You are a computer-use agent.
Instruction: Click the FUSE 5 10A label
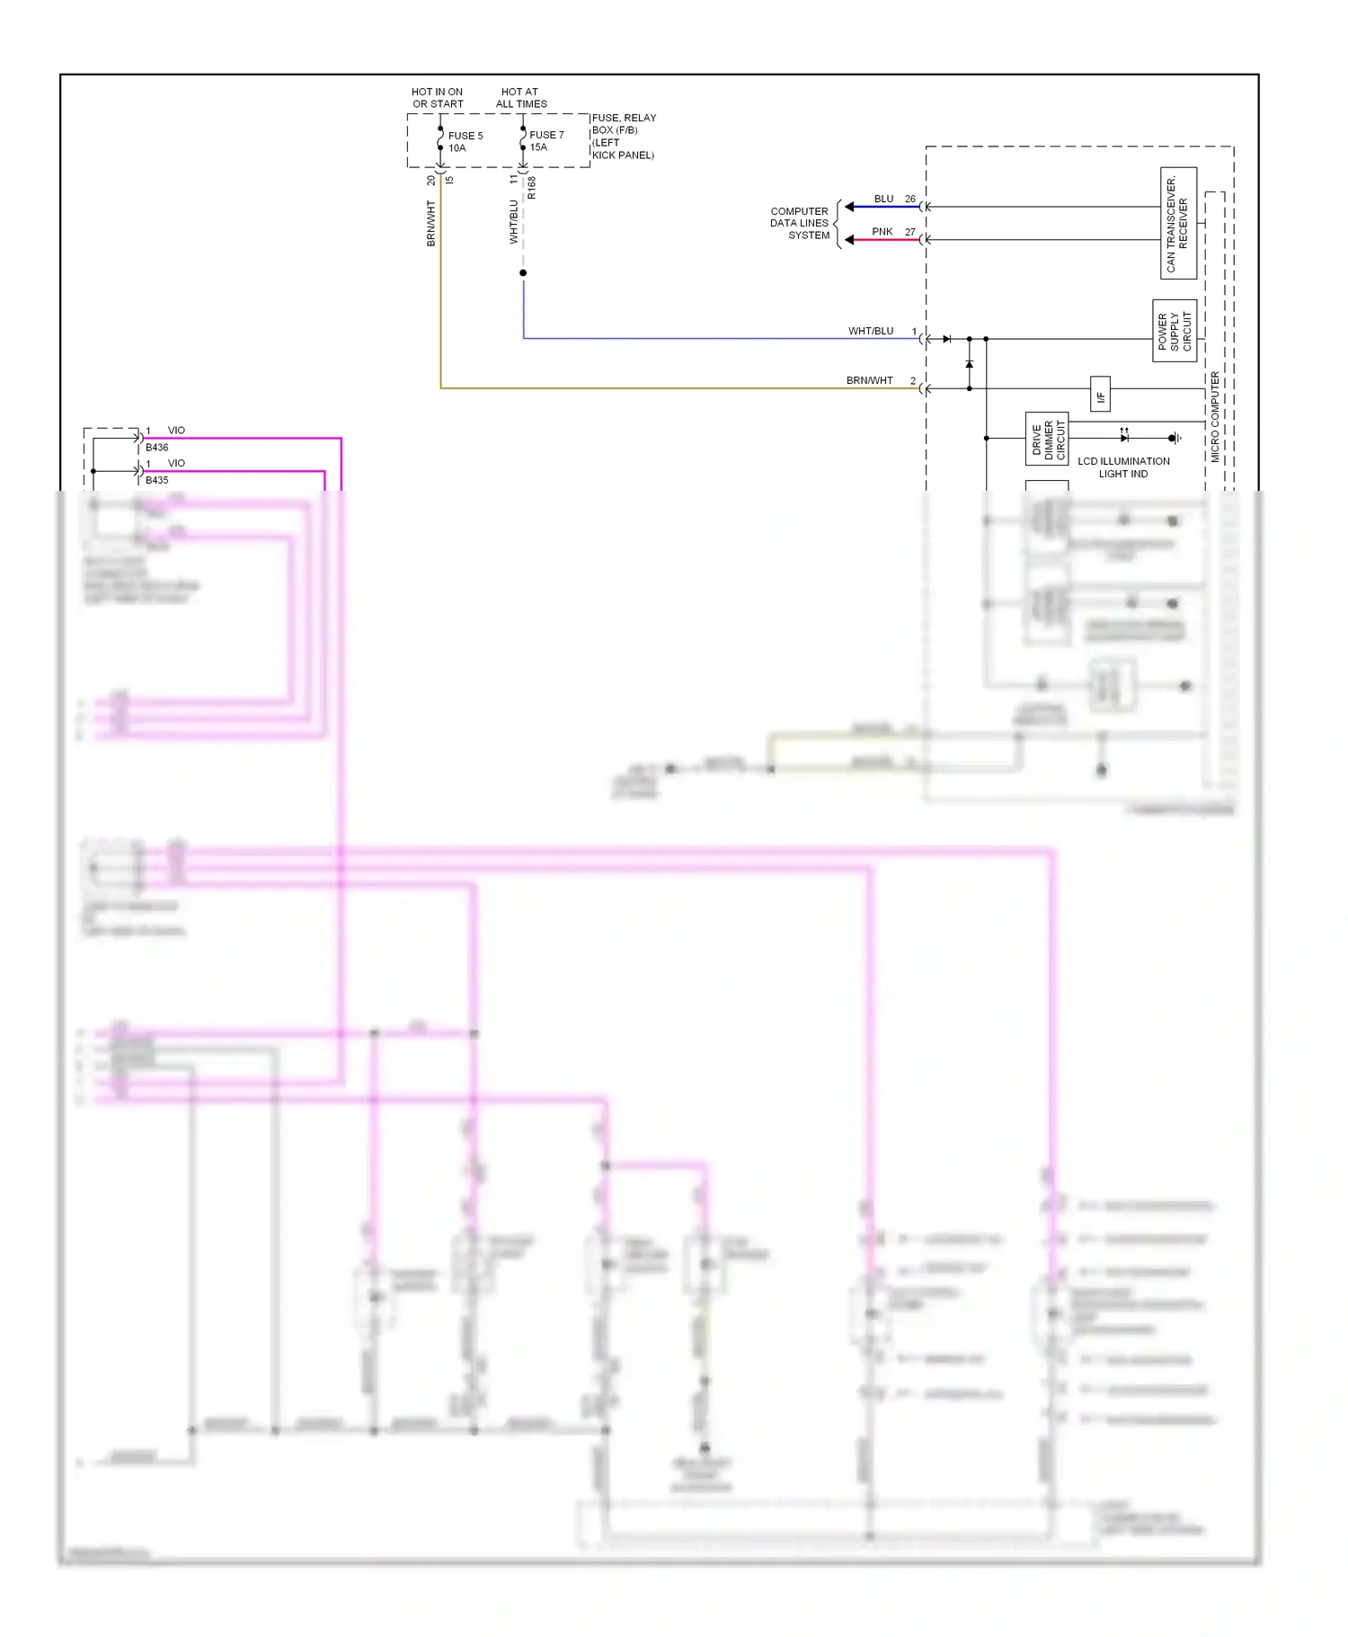(465, 142)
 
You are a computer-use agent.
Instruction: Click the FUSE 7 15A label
(546, 141)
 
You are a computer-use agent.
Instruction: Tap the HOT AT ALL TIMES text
(521, 98)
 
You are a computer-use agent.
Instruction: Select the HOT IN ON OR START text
(438, 98)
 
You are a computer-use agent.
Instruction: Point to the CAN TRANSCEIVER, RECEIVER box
(1178, 223)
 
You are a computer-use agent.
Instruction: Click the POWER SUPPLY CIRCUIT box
(1175, 331)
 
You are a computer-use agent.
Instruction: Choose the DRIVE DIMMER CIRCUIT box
(1047, 439)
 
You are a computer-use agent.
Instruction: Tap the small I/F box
(1100, 394)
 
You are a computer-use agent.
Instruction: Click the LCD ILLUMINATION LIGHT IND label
(1123, 467)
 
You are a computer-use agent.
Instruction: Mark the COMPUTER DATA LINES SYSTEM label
(800, 224)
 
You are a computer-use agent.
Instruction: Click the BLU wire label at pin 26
(883, 199)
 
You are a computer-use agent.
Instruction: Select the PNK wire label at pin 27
(882, 232)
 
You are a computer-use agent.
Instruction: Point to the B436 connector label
(157, 448)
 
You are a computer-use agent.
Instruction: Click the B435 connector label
(157, 480)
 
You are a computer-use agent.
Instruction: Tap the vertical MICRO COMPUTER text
(1215, 417)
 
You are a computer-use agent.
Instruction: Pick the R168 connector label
(532, 188)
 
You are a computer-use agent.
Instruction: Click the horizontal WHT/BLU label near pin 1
(871, 331)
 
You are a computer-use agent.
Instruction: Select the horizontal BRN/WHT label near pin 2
(869, 380)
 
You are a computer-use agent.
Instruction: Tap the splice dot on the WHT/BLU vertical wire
(523, 272)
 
